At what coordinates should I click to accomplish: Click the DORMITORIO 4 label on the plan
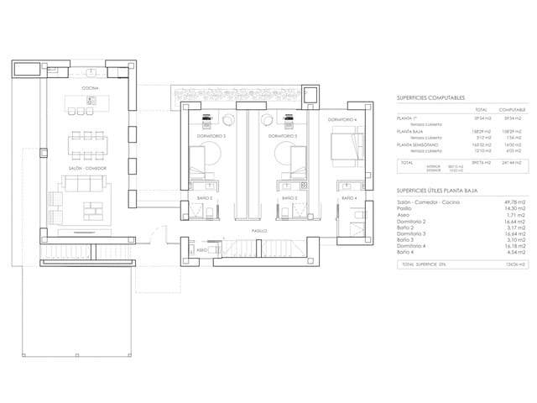[x=342, y=121]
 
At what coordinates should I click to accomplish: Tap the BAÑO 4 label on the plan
[x=349, y=198]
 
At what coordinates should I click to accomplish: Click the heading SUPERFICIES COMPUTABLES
[x=431, y=98]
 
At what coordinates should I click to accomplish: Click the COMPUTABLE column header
[x=512, y=109]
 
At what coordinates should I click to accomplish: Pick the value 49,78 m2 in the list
[x=512, y=202]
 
